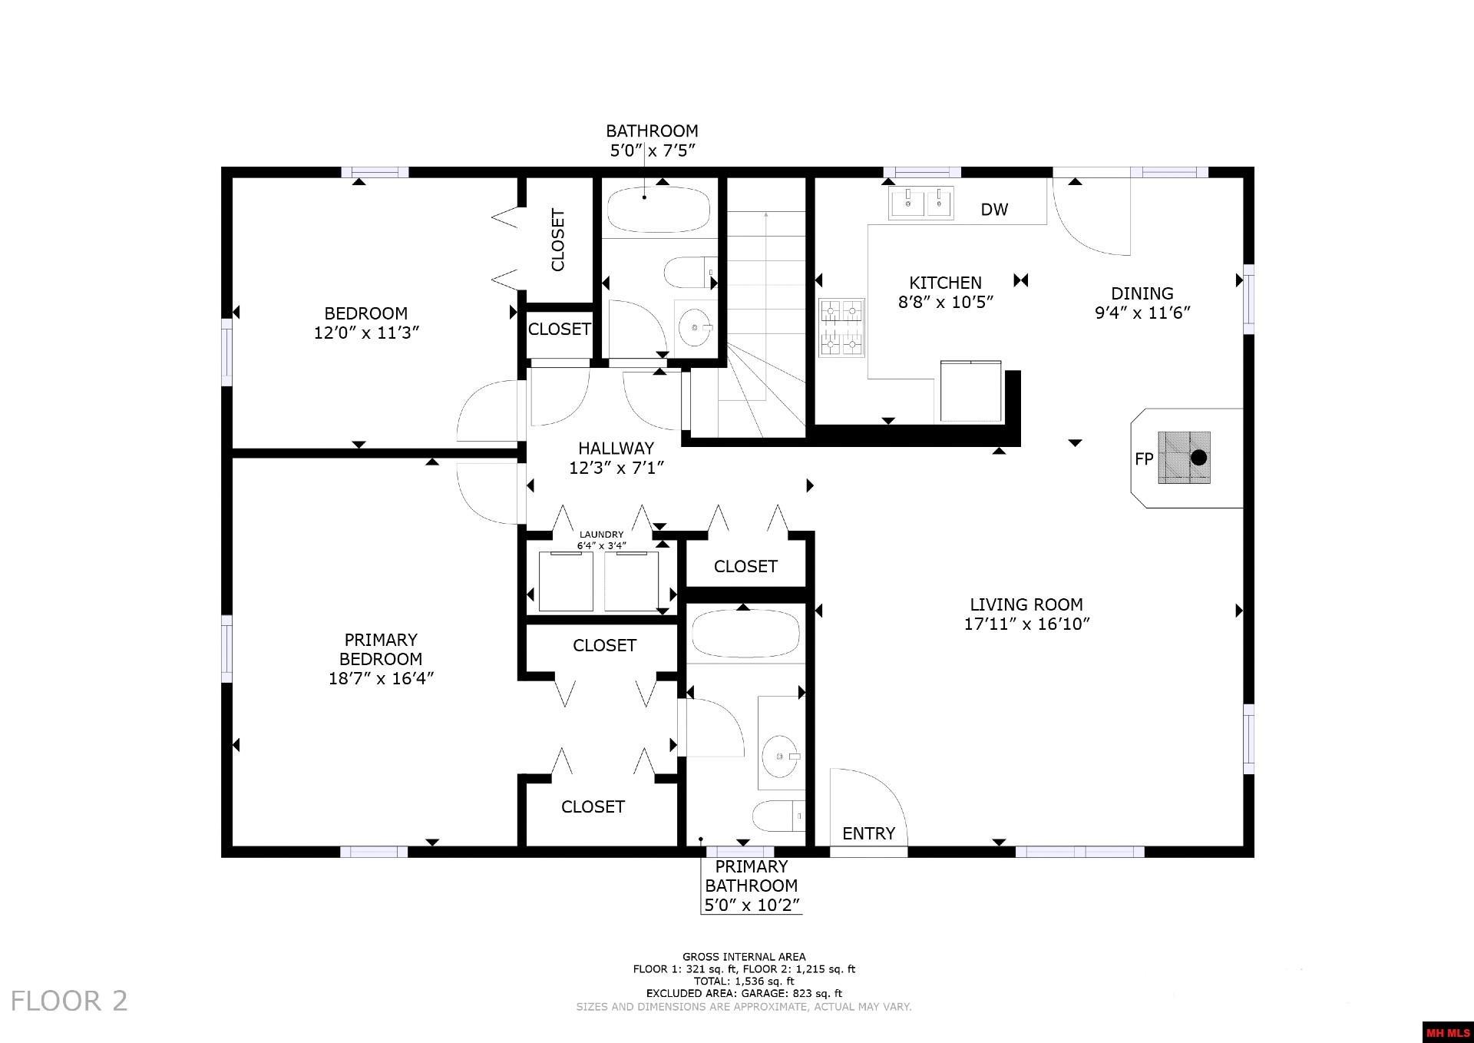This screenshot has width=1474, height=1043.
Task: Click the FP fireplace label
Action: point(1144,459)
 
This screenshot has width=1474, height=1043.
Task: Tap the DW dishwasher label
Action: point(994,209)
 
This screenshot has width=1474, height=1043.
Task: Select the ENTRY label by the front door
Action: point(868,833)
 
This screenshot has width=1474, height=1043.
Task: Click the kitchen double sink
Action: point(921,204)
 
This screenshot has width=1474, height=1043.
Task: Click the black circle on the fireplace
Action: point(1198,459)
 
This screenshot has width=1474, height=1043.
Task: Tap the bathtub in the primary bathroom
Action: point(745,634)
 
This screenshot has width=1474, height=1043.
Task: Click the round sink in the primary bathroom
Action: point(782,756)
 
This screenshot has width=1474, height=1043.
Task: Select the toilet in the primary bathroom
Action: point(778,816)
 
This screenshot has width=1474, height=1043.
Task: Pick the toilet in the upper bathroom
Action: point(690,273)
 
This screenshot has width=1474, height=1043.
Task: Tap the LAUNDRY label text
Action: point(601,535)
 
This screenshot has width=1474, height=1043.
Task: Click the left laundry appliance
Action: point(566,581)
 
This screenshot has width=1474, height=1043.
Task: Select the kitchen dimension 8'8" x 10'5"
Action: point(946,303)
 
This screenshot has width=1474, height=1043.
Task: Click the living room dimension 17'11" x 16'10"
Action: point(1026,624)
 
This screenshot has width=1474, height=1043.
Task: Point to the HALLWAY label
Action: point(616,448)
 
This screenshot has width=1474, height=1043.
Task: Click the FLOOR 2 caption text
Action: point(69,1001)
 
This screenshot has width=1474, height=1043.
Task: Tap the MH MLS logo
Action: point(1448,1032)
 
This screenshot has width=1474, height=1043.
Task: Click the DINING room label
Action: point(1142,293)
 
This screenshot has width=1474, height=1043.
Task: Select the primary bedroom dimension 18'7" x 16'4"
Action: point(381,678)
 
